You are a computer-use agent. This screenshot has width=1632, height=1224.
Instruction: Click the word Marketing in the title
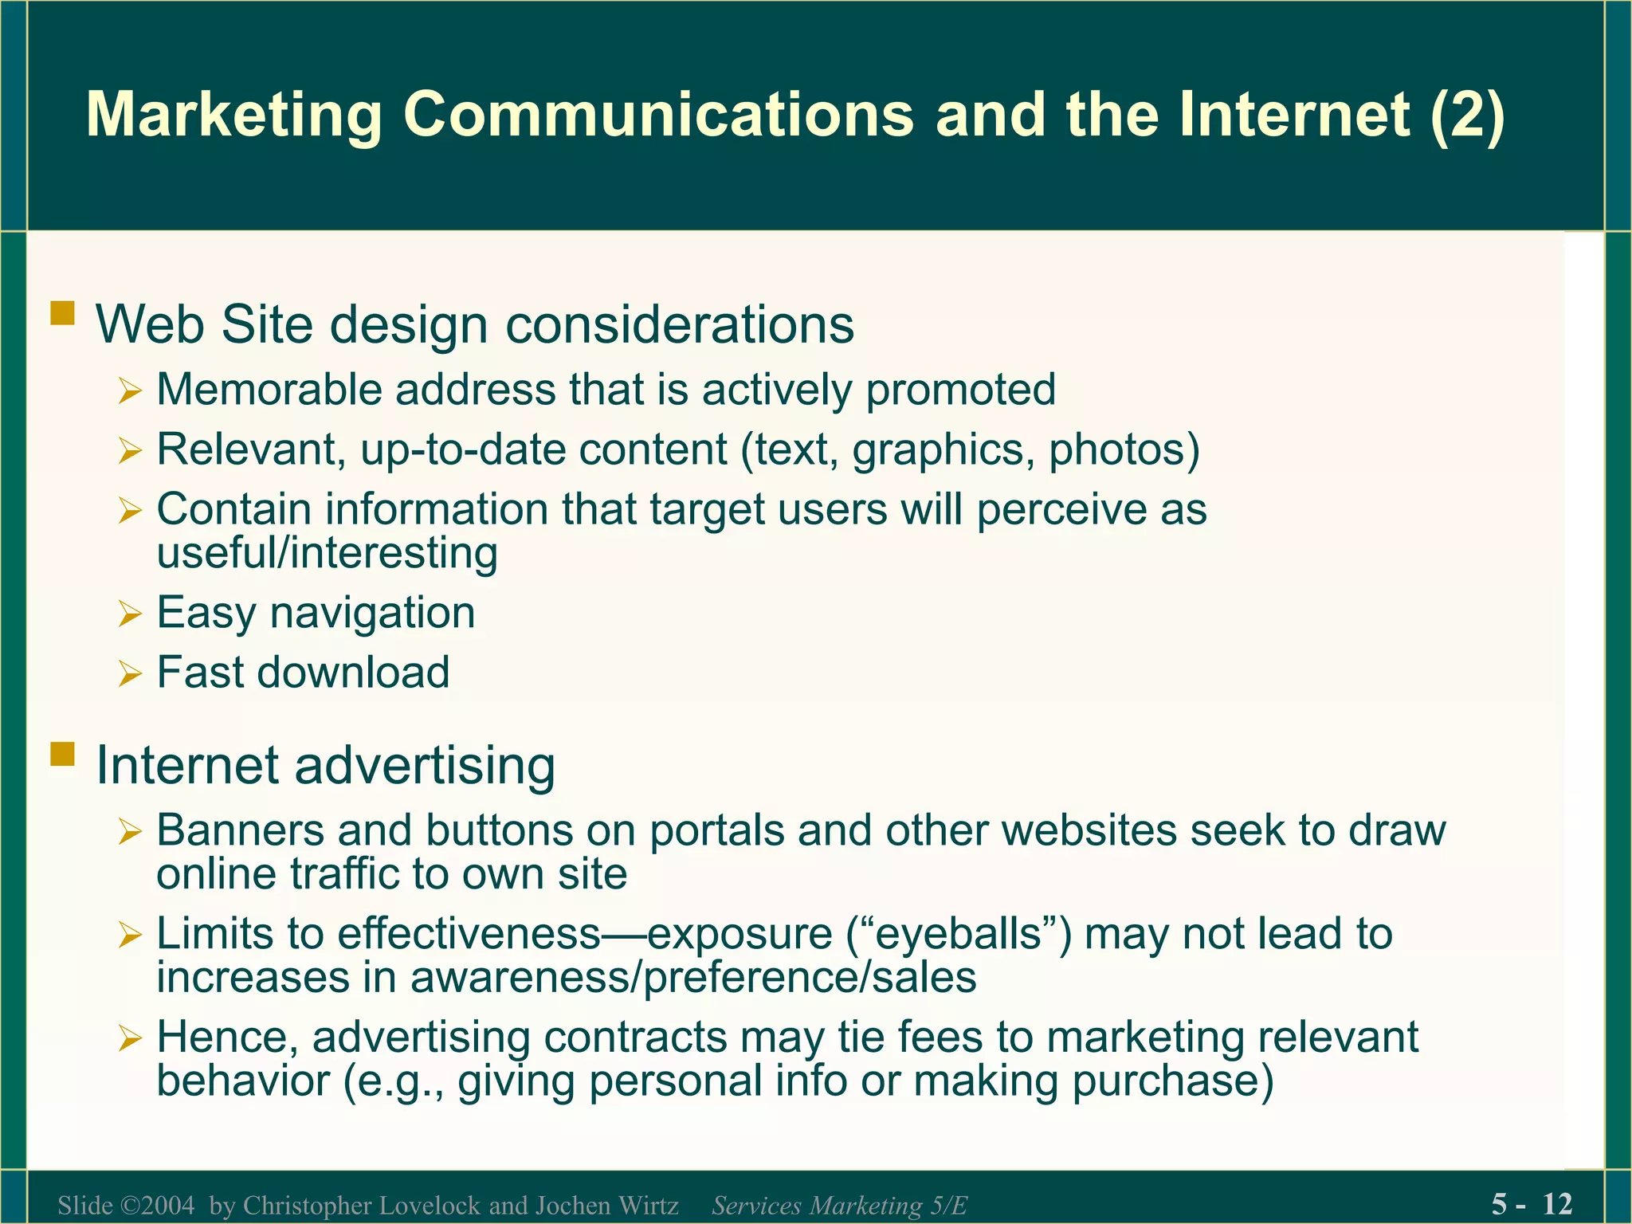click(x=234, y=116)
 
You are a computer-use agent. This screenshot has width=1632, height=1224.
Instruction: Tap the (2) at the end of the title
click(x=1467, y=116)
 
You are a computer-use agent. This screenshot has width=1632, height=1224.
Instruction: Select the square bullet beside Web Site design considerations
click(x=62, y=313)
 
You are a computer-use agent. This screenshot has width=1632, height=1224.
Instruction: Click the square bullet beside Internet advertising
click(x=62, y=754)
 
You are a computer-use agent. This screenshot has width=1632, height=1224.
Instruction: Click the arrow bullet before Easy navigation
click(x=129, y=614)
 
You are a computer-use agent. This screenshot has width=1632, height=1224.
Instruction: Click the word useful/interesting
click(x=327, y=552)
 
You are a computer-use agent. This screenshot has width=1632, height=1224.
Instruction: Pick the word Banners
click(x=240, y=830)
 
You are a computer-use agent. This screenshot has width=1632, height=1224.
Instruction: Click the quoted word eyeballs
click(x=959, y=934)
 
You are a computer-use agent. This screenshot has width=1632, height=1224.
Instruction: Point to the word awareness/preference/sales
click(x=693, y=978)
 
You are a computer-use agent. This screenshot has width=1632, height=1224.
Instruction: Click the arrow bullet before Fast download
click(x=129, y=674)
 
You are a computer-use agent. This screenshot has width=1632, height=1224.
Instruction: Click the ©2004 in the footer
click(x=157, y=1205)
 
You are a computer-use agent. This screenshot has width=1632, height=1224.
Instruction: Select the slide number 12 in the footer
click(x=1557, y=1203)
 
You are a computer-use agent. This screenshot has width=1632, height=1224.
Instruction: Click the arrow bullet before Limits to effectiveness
click(x=129, y=936)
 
